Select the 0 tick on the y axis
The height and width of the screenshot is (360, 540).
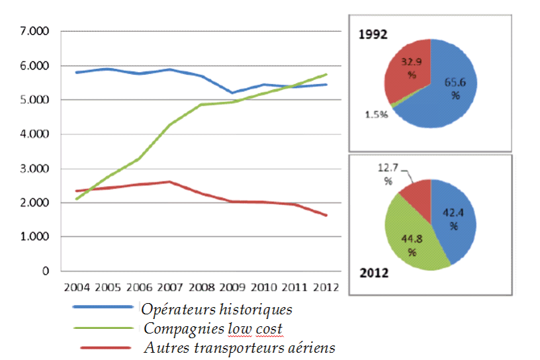(x=46, y=271)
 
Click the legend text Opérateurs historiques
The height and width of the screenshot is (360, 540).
(x=216, y=309)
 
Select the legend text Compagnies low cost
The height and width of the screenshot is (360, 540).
(x=213, y=328)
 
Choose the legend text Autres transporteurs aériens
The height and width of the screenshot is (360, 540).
(x=239, y=347)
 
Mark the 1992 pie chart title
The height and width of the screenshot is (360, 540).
(x=374, y=34)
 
